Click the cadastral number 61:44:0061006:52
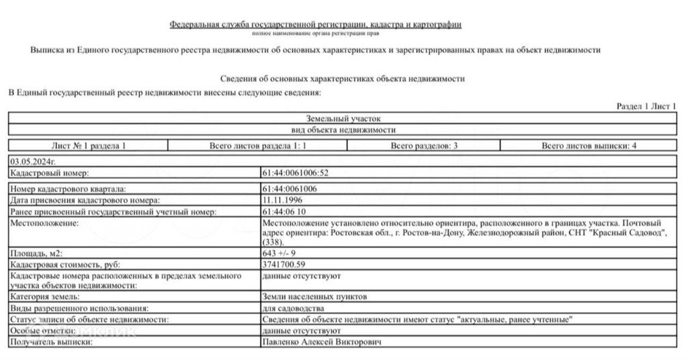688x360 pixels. (295, 173)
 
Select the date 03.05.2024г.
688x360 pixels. (32, 162)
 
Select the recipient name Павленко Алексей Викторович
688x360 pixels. (321, 343)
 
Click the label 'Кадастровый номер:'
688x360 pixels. (44, 173)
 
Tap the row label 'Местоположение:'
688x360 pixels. (40, 222)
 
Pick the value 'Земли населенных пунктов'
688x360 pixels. (314, 296)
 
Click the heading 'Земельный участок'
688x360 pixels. (343, 118)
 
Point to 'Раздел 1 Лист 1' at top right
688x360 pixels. (646, 106)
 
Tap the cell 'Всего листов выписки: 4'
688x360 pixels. (589, 145)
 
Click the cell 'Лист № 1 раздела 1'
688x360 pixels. (88, 145)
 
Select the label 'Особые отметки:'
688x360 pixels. (41, 331)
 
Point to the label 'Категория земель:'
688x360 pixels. (46, 296)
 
